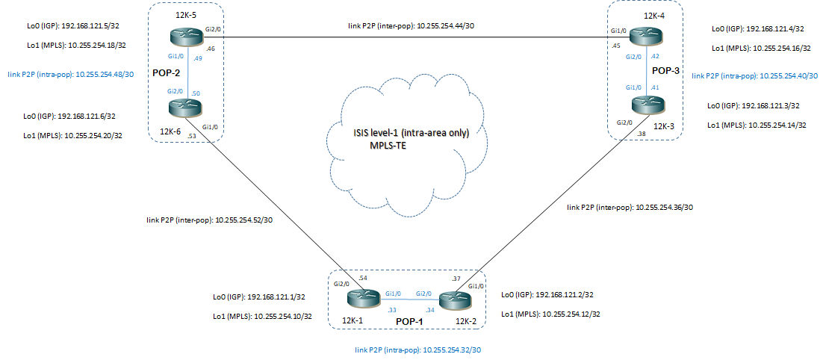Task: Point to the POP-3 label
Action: click(665, 69)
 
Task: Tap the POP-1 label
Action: click(409, 321)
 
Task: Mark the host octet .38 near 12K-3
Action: click(642, 134)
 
